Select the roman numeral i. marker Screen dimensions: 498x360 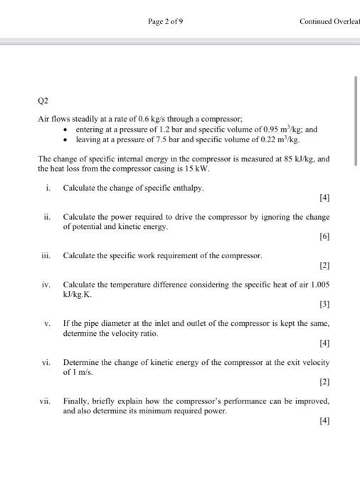(x=47, y=187)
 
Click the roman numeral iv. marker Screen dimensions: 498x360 (x=46, y=284)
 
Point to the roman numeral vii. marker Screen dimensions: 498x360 (x=45, y=401)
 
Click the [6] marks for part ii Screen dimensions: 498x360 (x=324, y=235)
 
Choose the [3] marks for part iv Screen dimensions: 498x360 (x=324, y=303)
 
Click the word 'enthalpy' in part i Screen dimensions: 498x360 (x=187, y=187)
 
